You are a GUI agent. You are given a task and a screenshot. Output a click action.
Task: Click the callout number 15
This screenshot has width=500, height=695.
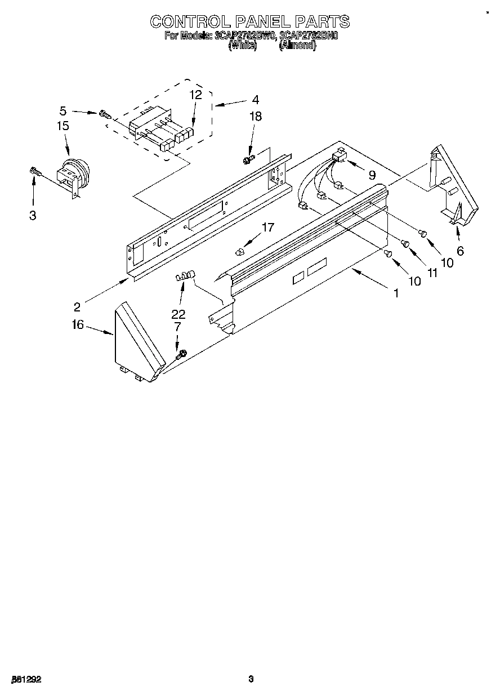point(62,126)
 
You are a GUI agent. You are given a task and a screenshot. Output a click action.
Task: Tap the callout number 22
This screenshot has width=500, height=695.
point(178,314)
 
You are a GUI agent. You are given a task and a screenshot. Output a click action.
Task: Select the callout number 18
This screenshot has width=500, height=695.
point(256,117)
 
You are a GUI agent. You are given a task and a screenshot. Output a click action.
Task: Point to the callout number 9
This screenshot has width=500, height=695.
point(372,175)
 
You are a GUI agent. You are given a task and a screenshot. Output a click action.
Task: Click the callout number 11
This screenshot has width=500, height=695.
point(432,272)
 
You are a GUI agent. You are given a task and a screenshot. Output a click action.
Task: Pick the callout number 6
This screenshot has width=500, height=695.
point(461,251)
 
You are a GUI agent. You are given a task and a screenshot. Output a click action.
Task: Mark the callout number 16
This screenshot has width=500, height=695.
point(77,324)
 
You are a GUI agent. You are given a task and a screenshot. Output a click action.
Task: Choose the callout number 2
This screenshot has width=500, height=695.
point(77,307)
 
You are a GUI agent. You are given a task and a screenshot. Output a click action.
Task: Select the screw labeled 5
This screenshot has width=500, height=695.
point(104,114)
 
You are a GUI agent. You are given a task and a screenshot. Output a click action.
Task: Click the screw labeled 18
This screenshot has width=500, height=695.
point(247,160)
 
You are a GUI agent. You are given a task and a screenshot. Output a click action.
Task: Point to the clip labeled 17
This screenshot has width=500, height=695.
point(240,250)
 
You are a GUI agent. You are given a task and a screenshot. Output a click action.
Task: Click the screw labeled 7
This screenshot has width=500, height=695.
point(180,355)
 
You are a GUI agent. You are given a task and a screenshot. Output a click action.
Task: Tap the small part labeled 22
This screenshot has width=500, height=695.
point(185,276)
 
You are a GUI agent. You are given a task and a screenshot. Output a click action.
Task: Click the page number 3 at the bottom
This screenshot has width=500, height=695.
point(251,679)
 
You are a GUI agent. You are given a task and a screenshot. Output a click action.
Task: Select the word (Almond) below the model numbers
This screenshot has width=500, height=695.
point(297,46)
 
